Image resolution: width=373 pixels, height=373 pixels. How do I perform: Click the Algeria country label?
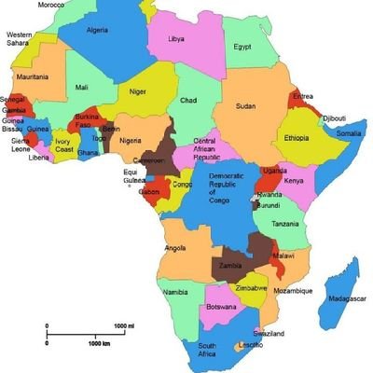(97, 29)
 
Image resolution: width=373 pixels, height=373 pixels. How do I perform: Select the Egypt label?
(242, 47)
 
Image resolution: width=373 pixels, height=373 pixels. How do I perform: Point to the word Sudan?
(245, 106)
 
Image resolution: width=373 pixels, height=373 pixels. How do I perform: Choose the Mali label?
(82, 89)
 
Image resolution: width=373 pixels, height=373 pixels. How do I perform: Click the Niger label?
(138, 91)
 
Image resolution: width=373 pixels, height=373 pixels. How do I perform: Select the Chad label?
(188, 100)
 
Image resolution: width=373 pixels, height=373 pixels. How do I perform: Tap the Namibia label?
(176, 293)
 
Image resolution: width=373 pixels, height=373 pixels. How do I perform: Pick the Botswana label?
(221, 307)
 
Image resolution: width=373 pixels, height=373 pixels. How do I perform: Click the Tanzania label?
(286, 224)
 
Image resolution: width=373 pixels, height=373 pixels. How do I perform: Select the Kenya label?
(294, 180)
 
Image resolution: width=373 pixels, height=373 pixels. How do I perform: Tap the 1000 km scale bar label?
(100, 344)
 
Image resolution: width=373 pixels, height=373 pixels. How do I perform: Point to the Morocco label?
(51, 5)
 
